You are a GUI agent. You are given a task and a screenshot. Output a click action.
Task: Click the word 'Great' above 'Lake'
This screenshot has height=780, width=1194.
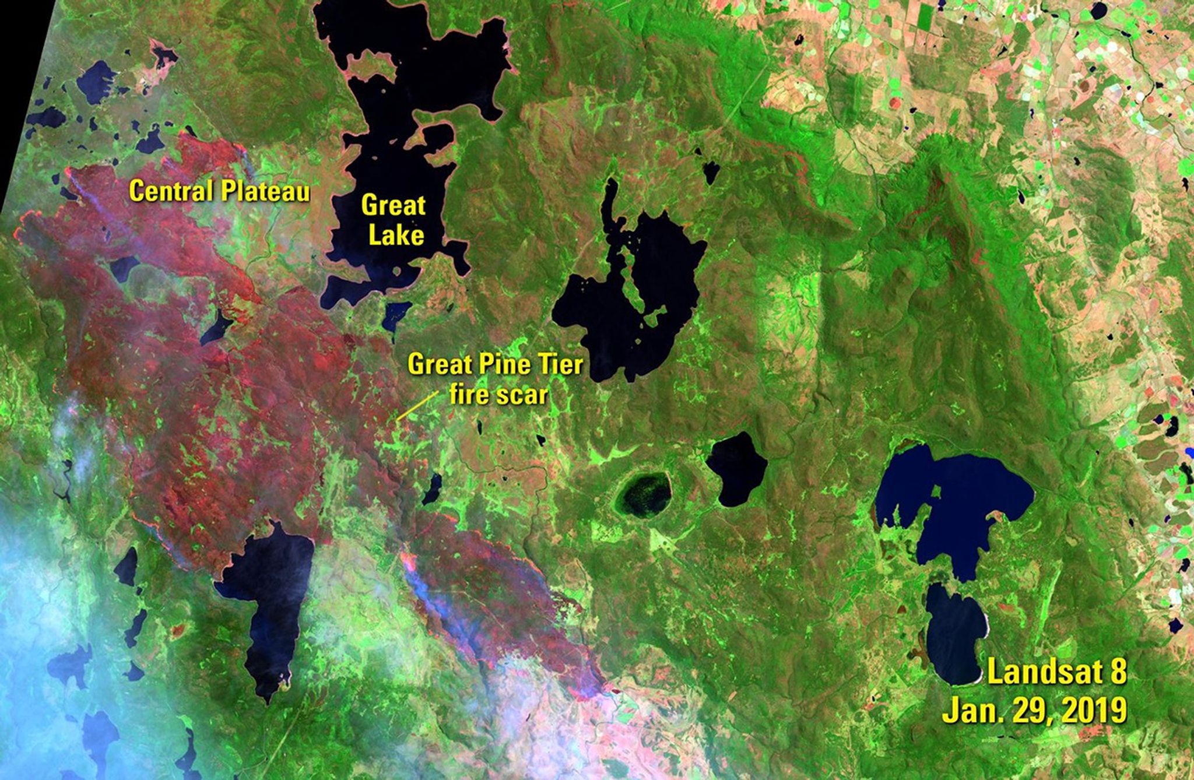pyautogui.click(x=393, y=206)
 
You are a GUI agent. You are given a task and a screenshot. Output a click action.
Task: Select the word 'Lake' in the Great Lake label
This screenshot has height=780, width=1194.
pyautogui.click(x=393, y=235)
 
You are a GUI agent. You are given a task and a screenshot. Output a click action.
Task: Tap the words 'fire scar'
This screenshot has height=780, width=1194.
pyautogui.click(x=498, y=395)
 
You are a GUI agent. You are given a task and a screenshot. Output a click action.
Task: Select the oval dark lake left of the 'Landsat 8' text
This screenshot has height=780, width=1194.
pyautogui.click(x=953, y=635)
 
